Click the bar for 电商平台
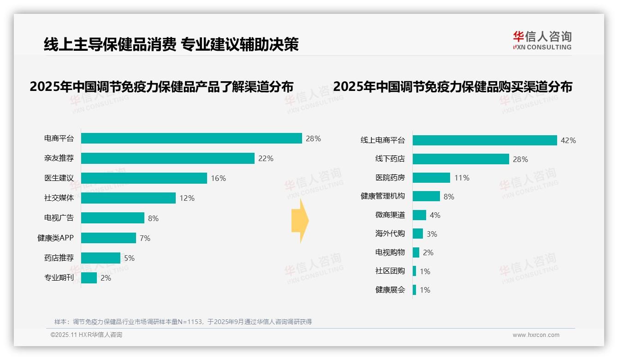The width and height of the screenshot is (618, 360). [191, 138]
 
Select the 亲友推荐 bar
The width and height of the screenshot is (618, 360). [168, 158]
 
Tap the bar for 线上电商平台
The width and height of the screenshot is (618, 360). [485, 140]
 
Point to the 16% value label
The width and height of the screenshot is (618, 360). [218, 178]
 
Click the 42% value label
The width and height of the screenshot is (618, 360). [568, 140]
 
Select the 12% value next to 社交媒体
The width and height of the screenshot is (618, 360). [187, 198]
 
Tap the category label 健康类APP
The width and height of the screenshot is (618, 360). [55, 238]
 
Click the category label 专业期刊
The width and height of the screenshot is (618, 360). [59, 278]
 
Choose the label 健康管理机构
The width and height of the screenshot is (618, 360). [382, 196]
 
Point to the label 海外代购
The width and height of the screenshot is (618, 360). [390, 234]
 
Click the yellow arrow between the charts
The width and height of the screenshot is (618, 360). [300, 221]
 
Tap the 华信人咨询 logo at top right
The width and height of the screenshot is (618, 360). [542, 40]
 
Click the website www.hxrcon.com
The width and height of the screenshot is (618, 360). [535, 335]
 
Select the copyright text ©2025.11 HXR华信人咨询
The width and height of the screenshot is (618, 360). [86, 335]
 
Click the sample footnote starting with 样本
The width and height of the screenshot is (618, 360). [183, 322]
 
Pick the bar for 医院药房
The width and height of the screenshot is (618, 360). [431, 178]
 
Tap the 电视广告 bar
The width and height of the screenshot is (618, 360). [113, 218]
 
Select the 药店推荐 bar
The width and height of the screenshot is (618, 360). [101, 258]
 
